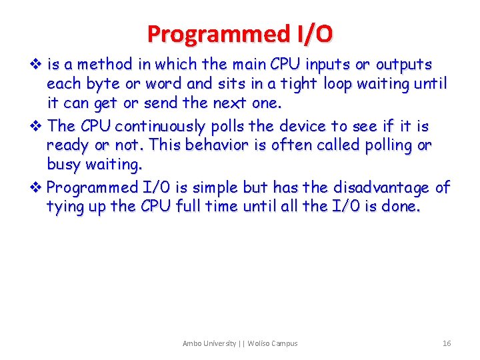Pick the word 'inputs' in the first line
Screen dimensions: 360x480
[x=328, y=65]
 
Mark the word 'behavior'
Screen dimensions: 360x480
[x=216, y=145]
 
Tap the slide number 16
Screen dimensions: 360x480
[x=447, y=343]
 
